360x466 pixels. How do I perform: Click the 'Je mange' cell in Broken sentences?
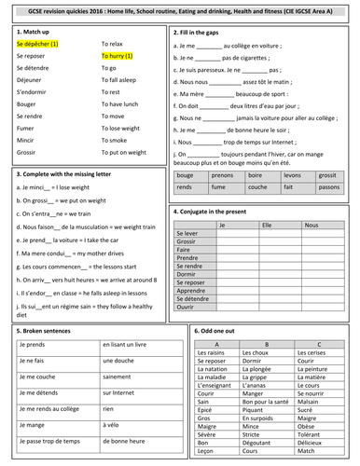click(x=33, y=423)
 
